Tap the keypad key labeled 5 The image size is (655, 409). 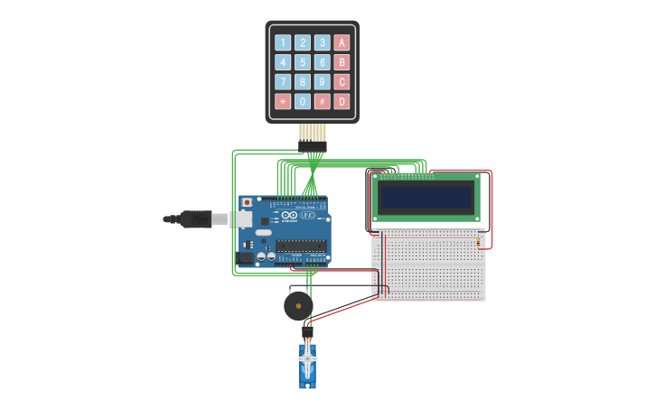coord(303,62)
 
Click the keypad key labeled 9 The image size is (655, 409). coord(323,82)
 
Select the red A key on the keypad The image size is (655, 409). coord(342,42)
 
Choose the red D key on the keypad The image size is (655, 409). coord(342,102)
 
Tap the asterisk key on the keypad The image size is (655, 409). coord(283,102)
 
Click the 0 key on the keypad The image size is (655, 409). coord(303,102)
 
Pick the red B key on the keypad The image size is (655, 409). coord(342,62)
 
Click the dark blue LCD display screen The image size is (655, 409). coord(426,197)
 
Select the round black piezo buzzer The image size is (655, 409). coord(298,306)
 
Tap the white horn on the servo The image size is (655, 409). coord(308,359)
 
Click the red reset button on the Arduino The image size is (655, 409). coord(247,202)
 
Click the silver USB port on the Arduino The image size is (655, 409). coord(242,219)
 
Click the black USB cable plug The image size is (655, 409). coord(195,218)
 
